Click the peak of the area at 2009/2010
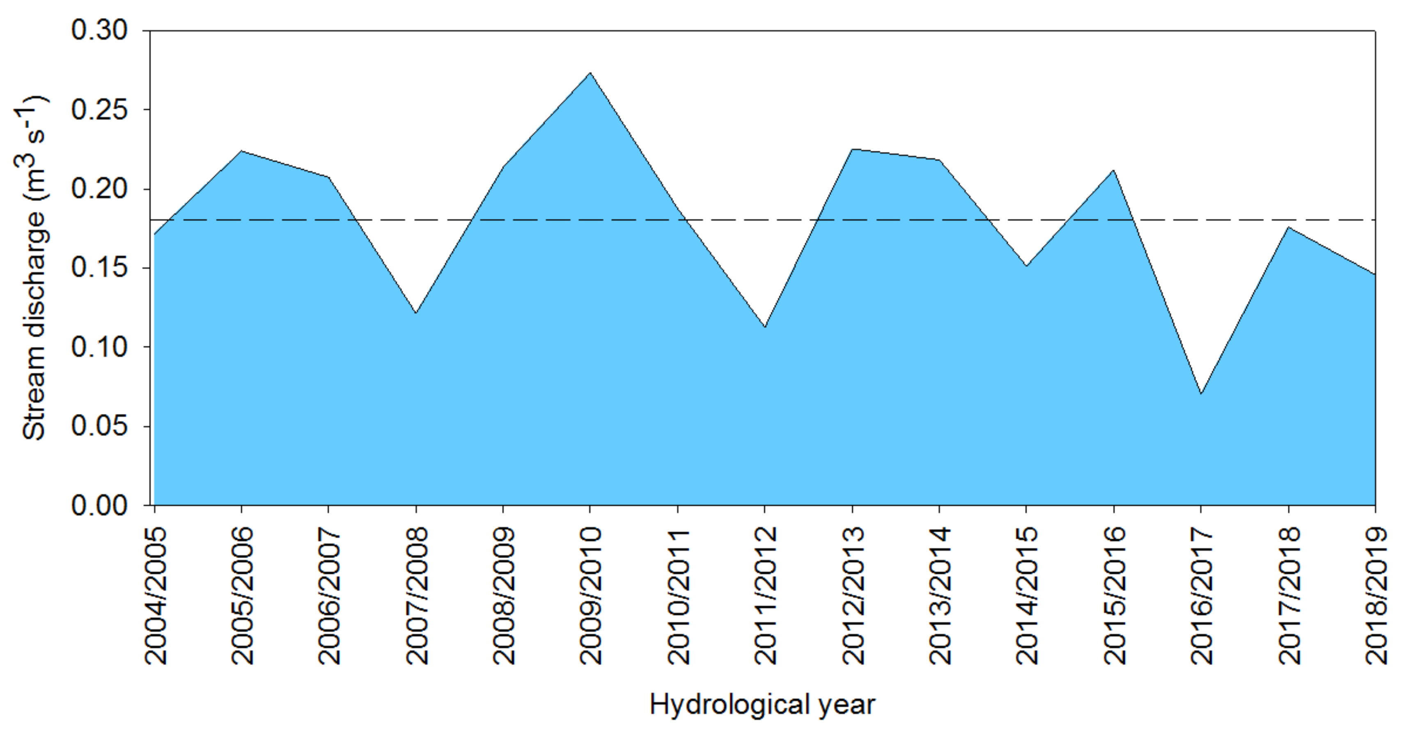590,73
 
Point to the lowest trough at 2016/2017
1201,393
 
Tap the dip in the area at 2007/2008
415,313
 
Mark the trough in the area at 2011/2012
765,327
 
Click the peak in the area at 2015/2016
1113,170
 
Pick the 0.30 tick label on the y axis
99,30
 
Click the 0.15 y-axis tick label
99,268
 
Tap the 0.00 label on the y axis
99,506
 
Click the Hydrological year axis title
762,705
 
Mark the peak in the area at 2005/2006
241,151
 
